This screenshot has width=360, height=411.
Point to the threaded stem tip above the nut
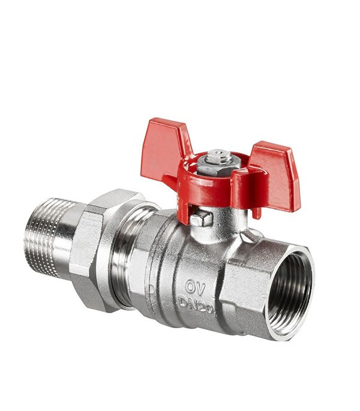(x=220, y=155)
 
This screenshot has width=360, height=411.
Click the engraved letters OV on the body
(x=195, y=287)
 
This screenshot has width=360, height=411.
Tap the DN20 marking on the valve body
(x=196, y=305)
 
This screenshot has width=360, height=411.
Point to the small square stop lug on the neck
(x=201, y=219)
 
